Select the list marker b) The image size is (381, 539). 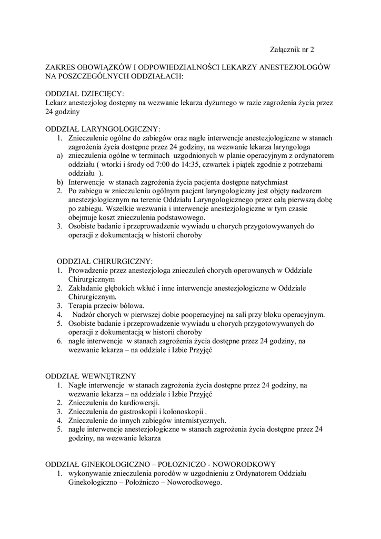pyautogui.click(x=60, y=182)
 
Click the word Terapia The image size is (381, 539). pyautogui.click(x=81, y=306)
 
